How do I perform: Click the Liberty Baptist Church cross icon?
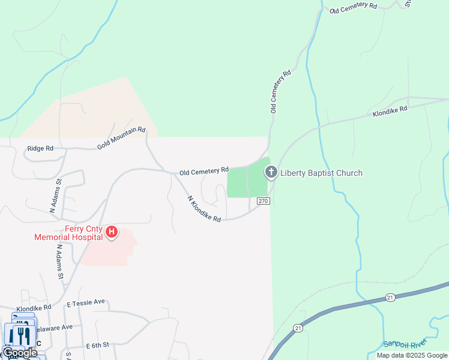(271, 173)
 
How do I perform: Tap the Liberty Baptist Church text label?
(321, 173)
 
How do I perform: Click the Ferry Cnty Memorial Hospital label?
(68, 232)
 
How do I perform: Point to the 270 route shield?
(263, 201)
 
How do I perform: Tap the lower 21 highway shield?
(298, 328)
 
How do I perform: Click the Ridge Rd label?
(40, 148)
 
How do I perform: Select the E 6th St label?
(97, 346)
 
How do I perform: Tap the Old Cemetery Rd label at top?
(353, 7)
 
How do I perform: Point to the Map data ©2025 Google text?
(412, 355)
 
